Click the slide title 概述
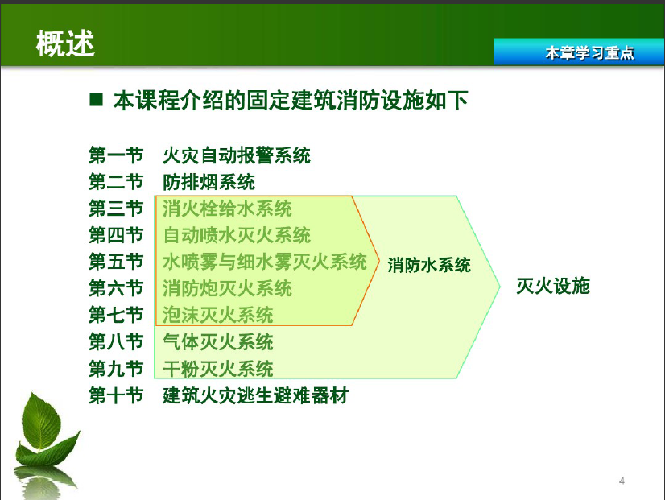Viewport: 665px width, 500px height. [65, 43]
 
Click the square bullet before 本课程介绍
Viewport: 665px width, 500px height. [97, 99]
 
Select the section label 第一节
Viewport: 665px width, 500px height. [116, 155]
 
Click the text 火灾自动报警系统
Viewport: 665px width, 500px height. [237, 155]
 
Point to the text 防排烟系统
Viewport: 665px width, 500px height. [209, 182]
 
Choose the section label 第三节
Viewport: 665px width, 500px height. [116, 209]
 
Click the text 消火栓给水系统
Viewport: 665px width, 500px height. [227, 209]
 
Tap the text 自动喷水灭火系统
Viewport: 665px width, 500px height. [237, 235]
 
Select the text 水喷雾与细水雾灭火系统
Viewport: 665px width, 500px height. [265, 262]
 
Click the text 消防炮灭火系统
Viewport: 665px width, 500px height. [227, 288]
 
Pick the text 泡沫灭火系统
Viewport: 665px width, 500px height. [218, 315]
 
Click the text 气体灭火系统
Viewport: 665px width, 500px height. [218, 342]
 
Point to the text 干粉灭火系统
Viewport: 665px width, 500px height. [218, 369]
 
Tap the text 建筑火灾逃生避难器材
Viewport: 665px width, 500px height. [255, 395]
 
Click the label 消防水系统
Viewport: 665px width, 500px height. [429, 265]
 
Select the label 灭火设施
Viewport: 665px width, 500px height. [553, 286]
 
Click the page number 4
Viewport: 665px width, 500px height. [622, 481]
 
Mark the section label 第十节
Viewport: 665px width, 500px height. [116, 395]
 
